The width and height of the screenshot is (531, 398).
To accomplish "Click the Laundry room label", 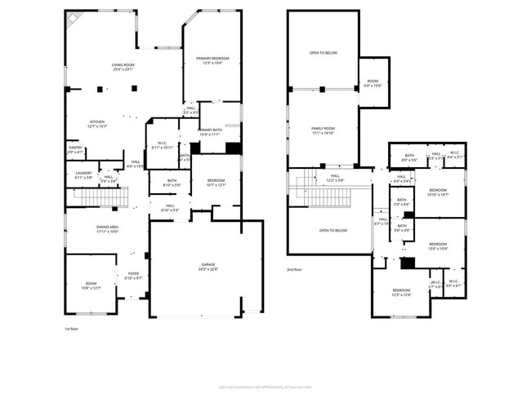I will (83, 175).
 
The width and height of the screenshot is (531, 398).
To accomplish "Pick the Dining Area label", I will (107, 228).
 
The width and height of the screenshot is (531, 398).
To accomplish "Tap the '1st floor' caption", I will (72, 329).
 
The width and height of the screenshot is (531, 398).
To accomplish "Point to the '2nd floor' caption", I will (294, 269).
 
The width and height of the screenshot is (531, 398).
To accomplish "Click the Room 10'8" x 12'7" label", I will (90, 285).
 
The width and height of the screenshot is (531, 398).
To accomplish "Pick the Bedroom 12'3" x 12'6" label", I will (400, 292).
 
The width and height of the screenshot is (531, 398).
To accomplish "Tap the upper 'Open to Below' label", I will (323, 54).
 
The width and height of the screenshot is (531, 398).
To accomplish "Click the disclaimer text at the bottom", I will (265, 387).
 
